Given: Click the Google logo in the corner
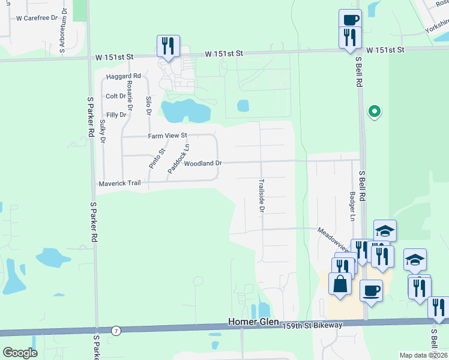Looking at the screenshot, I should (x=20, y=353).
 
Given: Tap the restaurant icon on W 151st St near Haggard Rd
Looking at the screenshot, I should (x=168, y=46).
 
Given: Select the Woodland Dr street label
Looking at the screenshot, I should (x=203, y=163).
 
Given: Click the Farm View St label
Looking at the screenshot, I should (x=168, y=136).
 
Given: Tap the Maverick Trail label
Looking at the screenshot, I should (x=120, y=183).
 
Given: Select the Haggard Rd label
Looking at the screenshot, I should (x=123, y=76).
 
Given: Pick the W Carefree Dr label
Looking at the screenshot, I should (x=37, y=18).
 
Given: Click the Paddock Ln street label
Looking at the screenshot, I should (x=178, y=158).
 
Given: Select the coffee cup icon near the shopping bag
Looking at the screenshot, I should (x=371, y=290).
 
